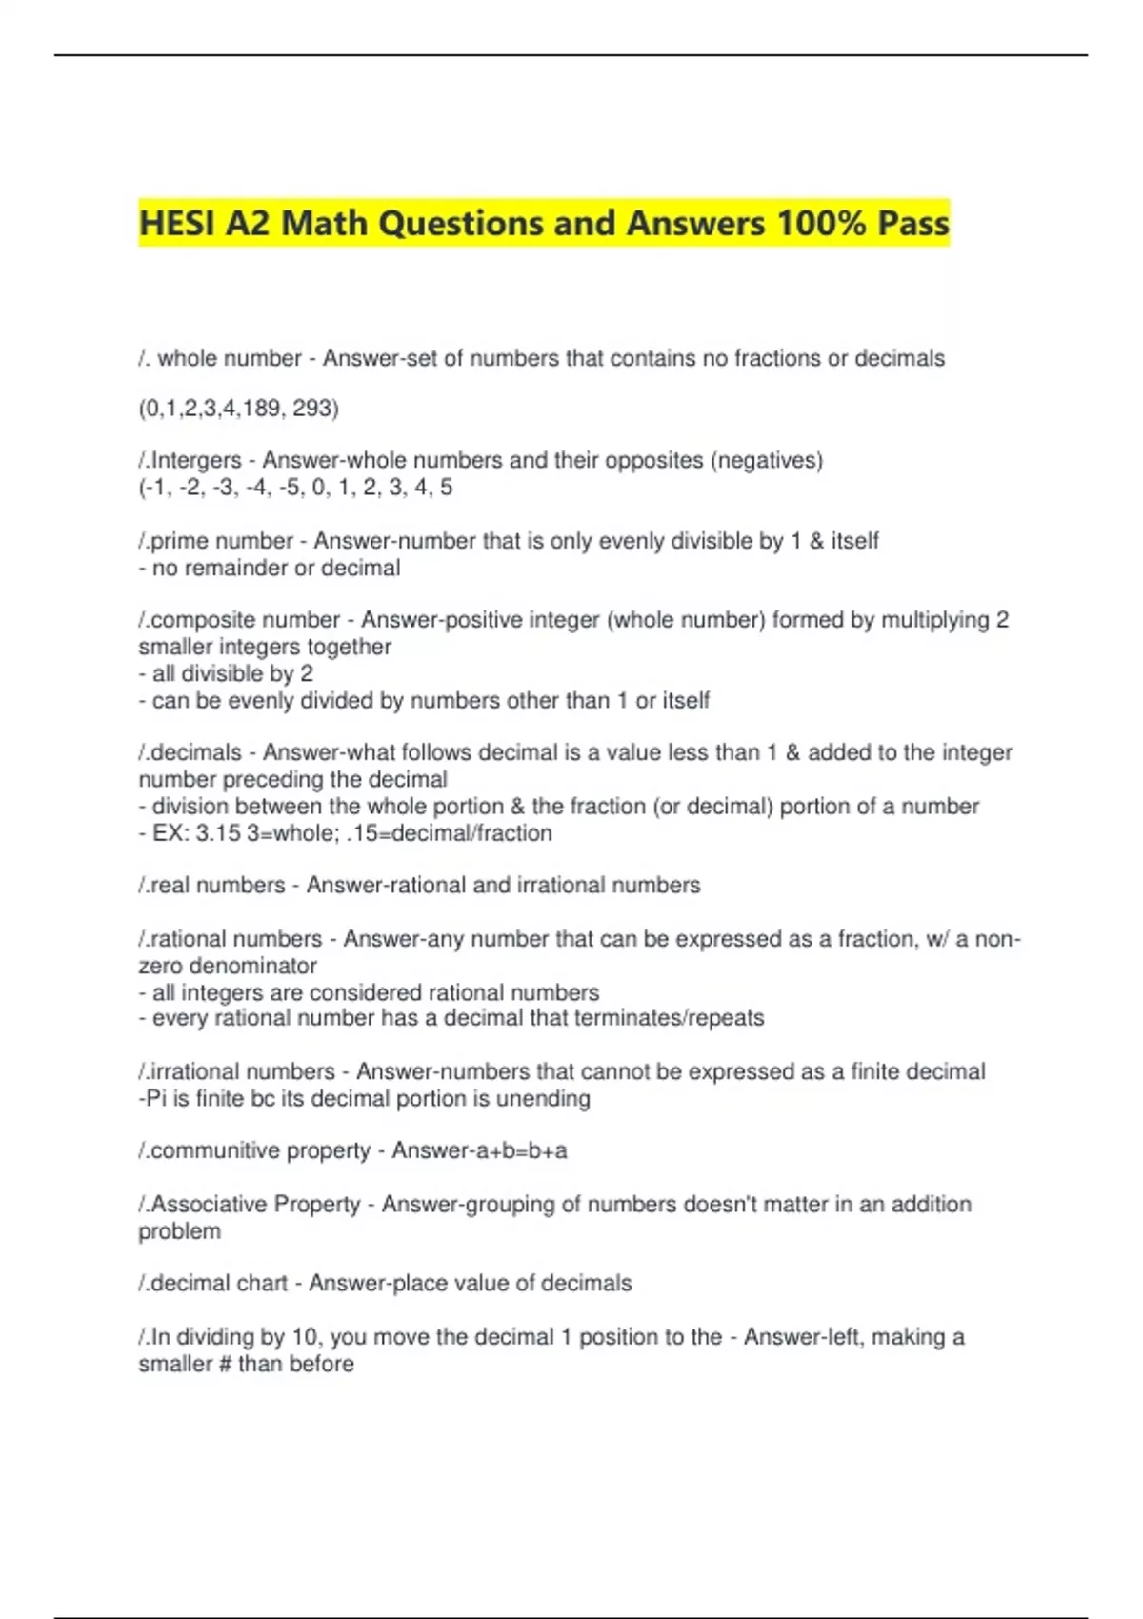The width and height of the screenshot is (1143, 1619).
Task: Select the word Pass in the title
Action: [x=912, y=224]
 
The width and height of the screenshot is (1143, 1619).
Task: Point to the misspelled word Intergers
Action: [x=196, y=461]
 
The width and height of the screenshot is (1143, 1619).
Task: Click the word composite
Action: [x=197, y=620]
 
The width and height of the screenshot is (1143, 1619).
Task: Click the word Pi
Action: [x=154, y=1099]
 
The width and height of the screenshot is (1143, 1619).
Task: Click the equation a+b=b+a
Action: [x=521, y=1150]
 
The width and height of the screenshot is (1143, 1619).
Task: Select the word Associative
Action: [x=208, y=1205]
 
